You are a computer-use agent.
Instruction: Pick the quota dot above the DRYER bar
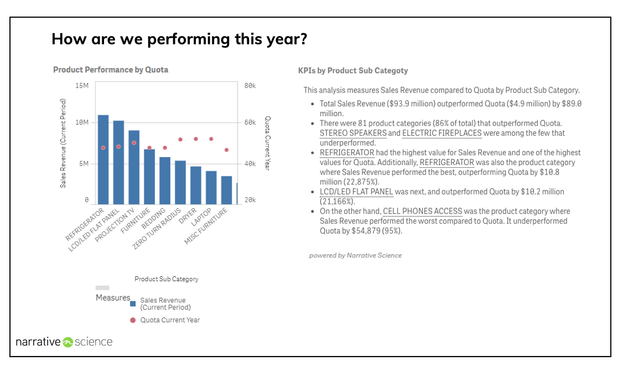pos(196,139)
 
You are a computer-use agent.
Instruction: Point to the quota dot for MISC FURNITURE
pos(226,150)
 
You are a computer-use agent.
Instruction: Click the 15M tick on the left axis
pos(81,86)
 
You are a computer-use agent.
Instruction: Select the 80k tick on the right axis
pos(250,86)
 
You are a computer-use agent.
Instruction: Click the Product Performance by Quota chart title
pos(111,70)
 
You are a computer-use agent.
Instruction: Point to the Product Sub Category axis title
pos(167,279)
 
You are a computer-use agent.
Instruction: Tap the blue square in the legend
pos(133,303)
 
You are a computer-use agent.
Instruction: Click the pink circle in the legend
pos(133,320)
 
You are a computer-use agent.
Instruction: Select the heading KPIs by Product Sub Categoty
pos(353,71)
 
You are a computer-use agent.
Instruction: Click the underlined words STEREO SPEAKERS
pos(353,133)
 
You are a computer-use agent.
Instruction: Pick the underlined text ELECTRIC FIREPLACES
pos(442,133)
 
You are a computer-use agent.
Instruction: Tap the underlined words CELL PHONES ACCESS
pos(422,212)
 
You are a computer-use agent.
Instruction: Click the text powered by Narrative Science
pos(355,255)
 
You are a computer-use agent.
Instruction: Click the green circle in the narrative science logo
pos(68,342)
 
